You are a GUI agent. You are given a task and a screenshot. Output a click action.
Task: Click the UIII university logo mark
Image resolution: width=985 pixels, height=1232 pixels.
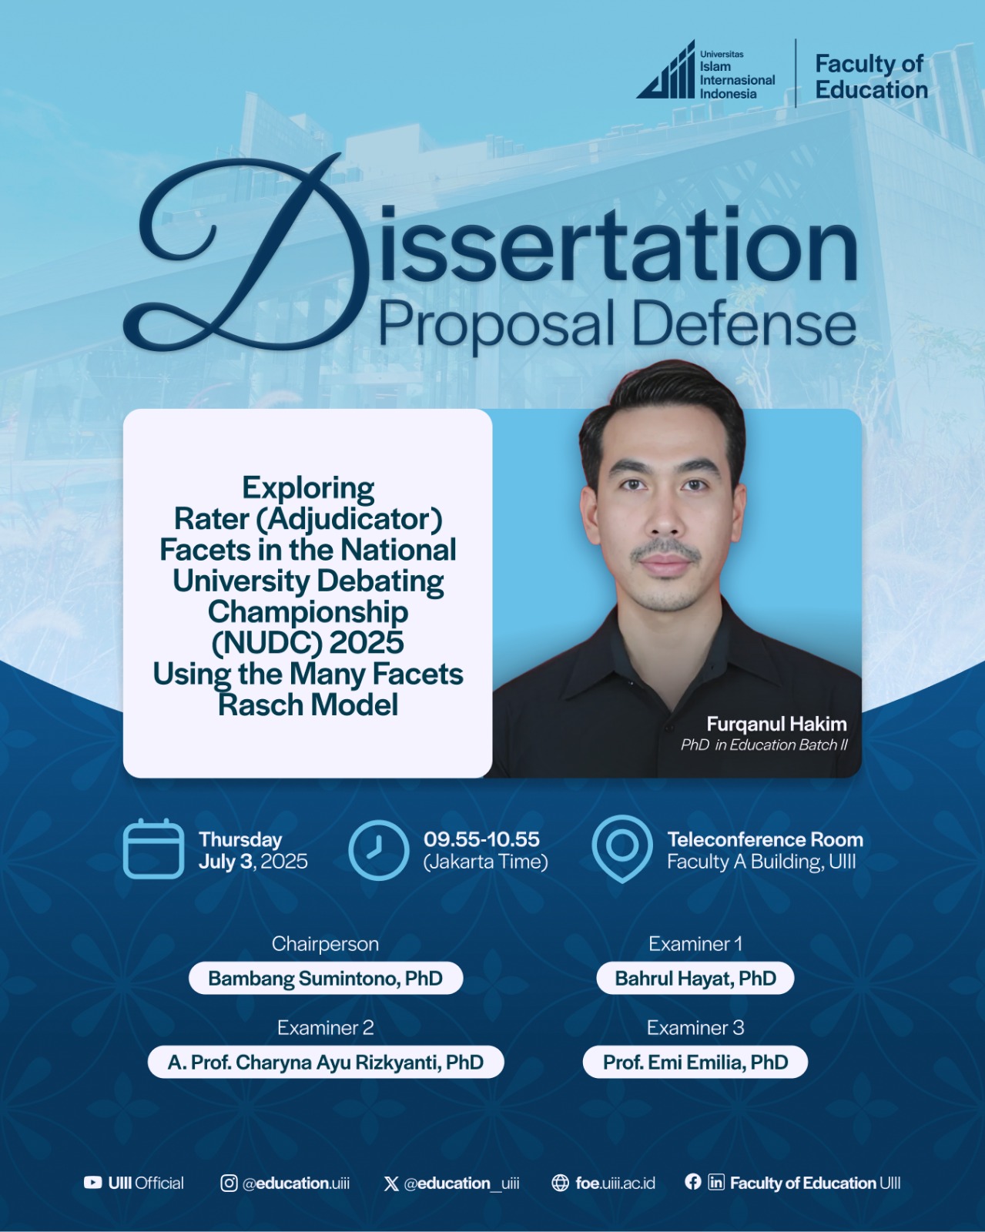pos(665,70)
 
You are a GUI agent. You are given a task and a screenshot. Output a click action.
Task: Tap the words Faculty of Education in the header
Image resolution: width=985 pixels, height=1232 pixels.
pos(871,77)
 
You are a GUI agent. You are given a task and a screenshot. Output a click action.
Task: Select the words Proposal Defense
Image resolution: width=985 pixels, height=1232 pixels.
pos(618,324)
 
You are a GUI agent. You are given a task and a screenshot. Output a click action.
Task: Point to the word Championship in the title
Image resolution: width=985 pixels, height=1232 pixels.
pos(308,611)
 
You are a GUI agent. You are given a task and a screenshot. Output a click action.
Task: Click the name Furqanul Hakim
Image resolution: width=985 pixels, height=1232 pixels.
pos(776,724)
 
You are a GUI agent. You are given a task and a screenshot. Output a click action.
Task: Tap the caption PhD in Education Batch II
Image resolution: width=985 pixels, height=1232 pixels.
pos(764,745)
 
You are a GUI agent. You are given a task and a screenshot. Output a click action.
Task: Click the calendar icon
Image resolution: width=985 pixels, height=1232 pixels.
pos(153,849)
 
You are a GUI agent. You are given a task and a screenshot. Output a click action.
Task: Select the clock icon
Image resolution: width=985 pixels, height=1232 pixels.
pos(379,850)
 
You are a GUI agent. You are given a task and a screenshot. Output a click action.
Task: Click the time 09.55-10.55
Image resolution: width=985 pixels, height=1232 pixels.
pos(481,839)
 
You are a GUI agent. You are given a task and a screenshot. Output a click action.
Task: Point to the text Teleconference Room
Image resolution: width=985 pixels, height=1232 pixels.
pos(765,839)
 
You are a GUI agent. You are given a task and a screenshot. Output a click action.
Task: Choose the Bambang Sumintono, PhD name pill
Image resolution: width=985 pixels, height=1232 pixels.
pos(326,978)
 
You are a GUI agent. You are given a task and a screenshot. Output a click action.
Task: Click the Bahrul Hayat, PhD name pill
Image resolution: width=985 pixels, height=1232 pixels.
pos(695,978)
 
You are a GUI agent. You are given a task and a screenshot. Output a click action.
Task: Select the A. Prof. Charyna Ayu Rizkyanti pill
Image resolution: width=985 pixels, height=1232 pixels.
pos(326,1062)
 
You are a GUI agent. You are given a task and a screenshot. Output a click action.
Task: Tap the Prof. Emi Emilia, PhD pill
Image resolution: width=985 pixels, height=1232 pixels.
pos(695,1062)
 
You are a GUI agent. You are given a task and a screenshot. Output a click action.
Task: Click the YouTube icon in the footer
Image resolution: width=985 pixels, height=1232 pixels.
pos(92,1183)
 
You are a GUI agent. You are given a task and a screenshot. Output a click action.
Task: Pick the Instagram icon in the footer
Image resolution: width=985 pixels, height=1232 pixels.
pos(229,1183)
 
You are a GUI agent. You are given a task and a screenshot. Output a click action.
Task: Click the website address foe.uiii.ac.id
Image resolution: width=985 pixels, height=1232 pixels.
pos(615,1183)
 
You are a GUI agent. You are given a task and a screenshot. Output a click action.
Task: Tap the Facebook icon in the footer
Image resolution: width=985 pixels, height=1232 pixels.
pos(693,1182)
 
